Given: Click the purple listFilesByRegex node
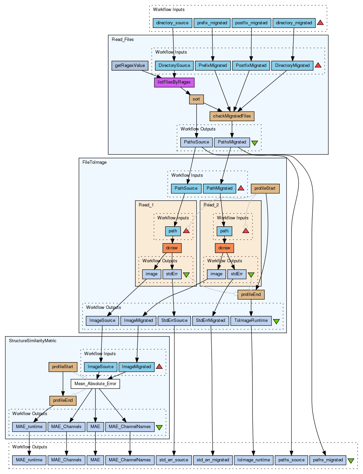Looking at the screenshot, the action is tap(174, 83).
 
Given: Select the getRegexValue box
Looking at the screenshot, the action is tap(130, 66).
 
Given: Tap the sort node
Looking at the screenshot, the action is tap(196, 99).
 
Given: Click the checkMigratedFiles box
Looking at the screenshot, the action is tap(232, 116).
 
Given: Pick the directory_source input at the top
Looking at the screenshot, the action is tap(172, 23).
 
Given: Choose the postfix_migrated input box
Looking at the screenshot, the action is tap(251, 23).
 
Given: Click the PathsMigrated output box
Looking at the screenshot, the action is tap(232, 142).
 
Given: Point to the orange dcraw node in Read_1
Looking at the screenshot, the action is tap(172, 248).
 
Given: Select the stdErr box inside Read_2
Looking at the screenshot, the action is tap(237, 274).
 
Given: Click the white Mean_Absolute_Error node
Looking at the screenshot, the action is tap(95, 384).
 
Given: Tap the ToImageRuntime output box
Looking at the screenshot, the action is tap(251, 321).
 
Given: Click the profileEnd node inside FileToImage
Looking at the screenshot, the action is tap(251, 295).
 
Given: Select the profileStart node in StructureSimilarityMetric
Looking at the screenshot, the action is tap(63, 367).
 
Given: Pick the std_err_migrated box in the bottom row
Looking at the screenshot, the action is tap(213, 460).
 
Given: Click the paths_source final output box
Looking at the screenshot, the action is tap(291, 460).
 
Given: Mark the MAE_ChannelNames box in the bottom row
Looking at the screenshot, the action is tap(130, 460).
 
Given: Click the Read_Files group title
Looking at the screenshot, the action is tap(123, 40).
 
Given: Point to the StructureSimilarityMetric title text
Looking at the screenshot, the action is tap(33, 341).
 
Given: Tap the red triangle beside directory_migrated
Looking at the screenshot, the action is tap(320, 22).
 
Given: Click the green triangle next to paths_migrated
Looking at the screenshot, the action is tap(351, 461).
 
